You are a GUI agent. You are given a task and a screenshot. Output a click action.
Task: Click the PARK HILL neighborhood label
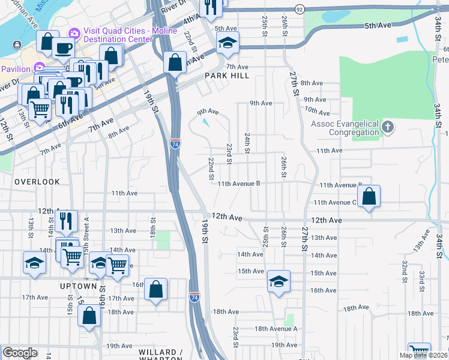[226, 76]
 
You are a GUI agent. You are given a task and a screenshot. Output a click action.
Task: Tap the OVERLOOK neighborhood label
[37, 181]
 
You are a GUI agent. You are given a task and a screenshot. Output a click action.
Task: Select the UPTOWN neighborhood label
[79, 286]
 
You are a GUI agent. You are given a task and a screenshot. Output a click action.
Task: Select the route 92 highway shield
[300, 10]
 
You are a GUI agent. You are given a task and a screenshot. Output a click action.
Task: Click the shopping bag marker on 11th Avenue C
[369, 196]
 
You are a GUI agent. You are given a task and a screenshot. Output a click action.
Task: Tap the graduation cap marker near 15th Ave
[279, 281]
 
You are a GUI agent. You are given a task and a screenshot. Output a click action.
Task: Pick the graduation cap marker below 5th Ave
[228, 42]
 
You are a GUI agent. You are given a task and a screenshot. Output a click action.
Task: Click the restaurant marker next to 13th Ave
[66, 220]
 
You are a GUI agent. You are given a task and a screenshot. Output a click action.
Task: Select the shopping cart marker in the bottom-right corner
[418, 352]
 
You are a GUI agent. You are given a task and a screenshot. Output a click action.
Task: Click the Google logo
[20, 353]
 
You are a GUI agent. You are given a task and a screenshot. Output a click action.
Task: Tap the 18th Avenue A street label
[276, 329]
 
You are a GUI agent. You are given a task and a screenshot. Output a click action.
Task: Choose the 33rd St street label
[422, 278]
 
